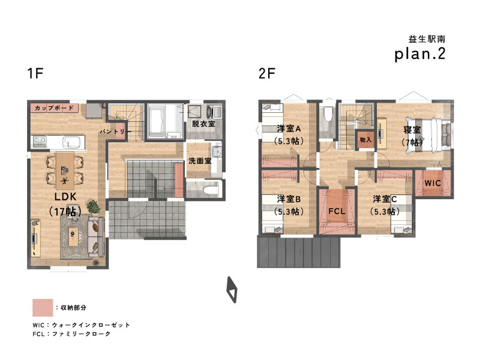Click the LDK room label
65,197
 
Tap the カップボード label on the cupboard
54,108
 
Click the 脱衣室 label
203,124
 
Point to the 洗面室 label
200,161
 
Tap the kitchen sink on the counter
71,142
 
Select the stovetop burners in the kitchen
40,142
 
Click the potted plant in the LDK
94,206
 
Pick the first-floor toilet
209,190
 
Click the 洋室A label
289,128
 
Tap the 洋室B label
289,199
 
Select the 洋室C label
385,199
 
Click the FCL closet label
337,211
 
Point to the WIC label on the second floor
433,183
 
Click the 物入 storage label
365,140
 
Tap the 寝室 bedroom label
412,130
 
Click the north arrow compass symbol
232,290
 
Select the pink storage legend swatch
43,308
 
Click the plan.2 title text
419,54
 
